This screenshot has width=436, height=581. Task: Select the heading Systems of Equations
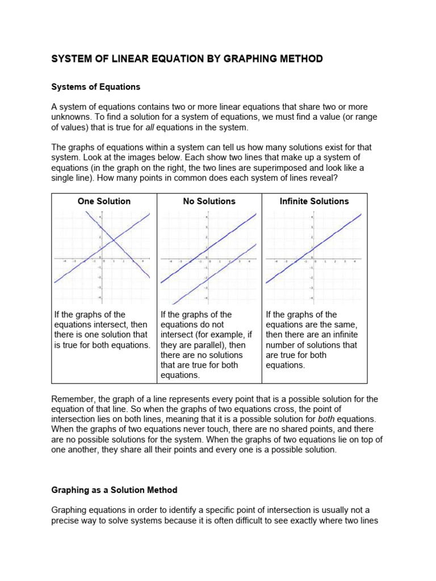click(95, 87)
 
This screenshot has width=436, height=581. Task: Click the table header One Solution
click(104, 201)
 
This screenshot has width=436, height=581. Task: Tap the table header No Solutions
click(209, 201)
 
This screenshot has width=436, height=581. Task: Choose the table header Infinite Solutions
click(314, 201)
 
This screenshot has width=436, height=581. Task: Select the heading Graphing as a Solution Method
click(114, 490)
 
